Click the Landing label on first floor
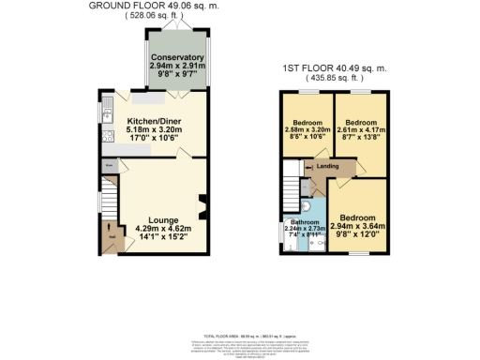pos(327,167)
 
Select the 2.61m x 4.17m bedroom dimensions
pos(361,130)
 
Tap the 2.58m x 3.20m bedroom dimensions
pos(307,130)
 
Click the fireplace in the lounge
pos(200,205)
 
